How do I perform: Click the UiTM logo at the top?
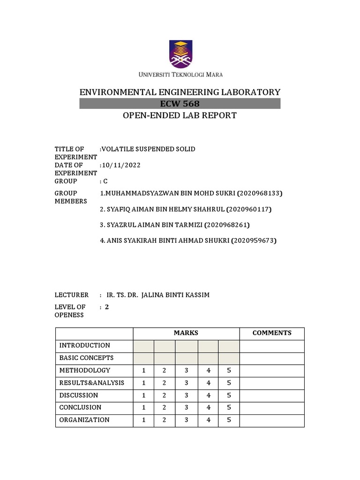tap(180, 54)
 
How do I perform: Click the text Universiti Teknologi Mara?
tap(180, 75)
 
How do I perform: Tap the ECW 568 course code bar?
tap(180, 104)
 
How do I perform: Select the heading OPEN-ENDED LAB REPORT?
tap(180, 115)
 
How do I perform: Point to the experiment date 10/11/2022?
tap(121, 165)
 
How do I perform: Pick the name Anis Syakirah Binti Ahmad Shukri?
tap(161, 241)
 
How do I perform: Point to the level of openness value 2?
tap(107, 307)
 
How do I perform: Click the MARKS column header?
tap(186, 333)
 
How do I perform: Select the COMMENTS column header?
tap(272, 333)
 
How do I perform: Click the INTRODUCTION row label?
tap(85, 345)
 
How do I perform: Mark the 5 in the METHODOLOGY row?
tap(229, 370)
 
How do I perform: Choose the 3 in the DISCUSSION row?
tap(186, 395)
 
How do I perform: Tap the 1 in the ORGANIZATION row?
tap(144, 420)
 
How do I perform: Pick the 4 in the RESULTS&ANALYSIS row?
tap(208, 383)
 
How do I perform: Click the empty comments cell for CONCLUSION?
tap(272, 408)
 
